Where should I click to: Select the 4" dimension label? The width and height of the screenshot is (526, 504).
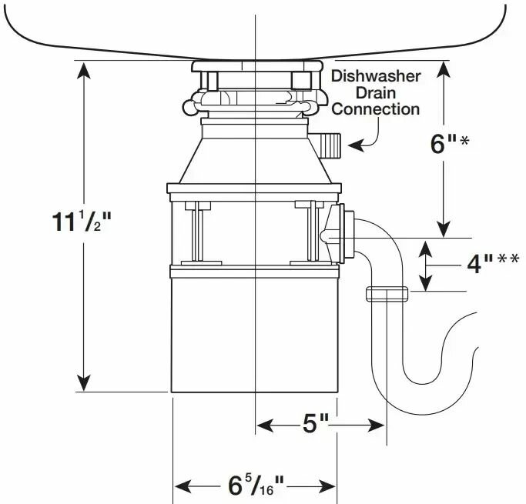[x=471, y=264]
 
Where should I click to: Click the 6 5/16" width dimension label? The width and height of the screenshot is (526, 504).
[x=256, y=486]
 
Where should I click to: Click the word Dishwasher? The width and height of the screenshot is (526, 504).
[x=376, y=76]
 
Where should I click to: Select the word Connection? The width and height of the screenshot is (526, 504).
[x=376, y=108]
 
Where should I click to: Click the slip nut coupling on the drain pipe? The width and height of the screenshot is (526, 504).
[x=386, y=293]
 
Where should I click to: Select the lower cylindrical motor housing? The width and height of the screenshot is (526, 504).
[x=254, y=331]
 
